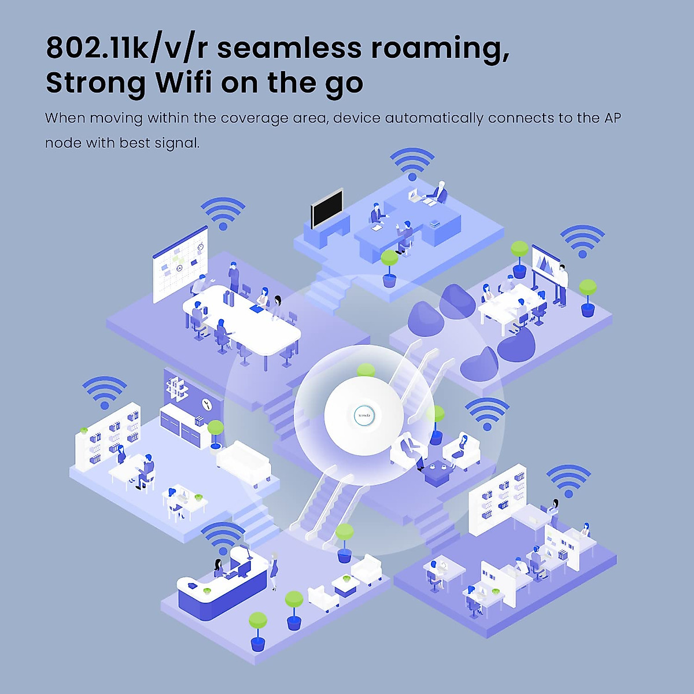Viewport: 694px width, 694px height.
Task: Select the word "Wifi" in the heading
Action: point(184,83)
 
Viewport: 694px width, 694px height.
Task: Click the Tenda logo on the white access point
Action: point(364,415)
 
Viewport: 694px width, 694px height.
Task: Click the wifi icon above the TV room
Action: point(412,164)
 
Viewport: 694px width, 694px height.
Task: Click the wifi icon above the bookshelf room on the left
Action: point(105,393)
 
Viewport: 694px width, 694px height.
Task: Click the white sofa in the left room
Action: point(243,460)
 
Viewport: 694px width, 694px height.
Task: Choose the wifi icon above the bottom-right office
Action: point(569,481)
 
